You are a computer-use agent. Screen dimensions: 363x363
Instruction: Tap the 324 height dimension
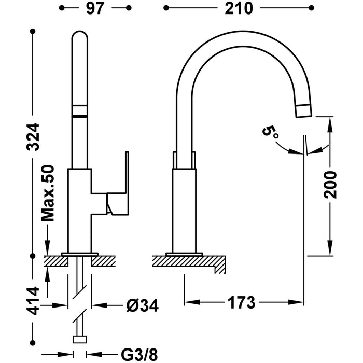(33, 136)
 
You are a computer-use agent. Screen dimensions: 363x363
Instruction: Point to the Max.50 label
(48, 193)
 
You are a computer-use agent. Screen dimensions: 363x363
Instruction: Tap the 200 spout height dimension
(330, 185)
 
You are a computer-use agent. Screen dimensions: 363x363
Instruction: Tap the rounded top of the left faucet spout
(80, 39)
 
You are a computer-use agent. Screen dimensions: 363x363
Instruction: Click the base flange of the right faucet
(184, 254)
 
